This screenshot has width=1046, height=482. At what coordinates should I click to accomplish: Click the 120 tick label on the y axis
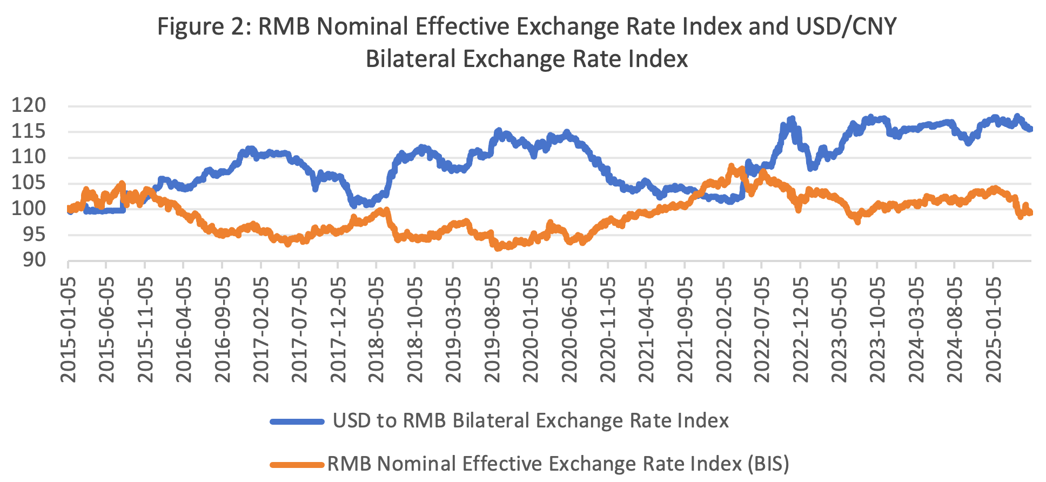[x=29, y=105]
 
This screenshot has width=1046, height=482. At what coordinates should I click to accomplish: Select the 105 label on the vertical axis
[x=29, y=183]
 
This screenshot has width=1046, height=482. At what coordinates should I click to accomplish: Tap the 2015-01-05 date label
[x=69, y=330]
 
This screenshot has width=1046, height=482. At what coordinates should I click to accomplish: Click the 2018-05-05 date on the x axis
[x=377, y=330]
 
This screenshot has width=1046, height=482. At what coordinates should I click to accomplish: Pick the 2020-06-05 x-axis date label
[x=569, y=330]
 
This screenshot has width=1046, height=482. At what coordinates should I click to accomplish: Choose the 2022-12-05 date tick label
[x=800, y=330]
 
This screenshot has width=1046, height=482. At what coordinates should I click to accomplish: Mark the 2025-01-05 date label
[x=993, y=330]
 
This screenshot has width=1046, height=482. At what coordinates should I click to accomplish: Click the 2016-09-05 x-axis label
[x=223, y=330]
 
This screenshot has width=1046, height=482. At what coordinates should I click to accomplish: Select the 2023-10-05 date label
[x=877, y=330]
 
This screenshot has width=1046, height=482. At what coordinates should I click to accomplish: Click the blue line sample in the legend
[x=297, y=421]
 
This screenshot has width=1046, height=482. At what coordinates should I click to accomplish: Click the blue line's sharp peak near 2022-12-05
[x=792, y=118]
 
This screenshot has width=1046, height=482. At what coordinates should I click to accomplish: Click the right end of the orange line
[x=1030, y=212]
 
